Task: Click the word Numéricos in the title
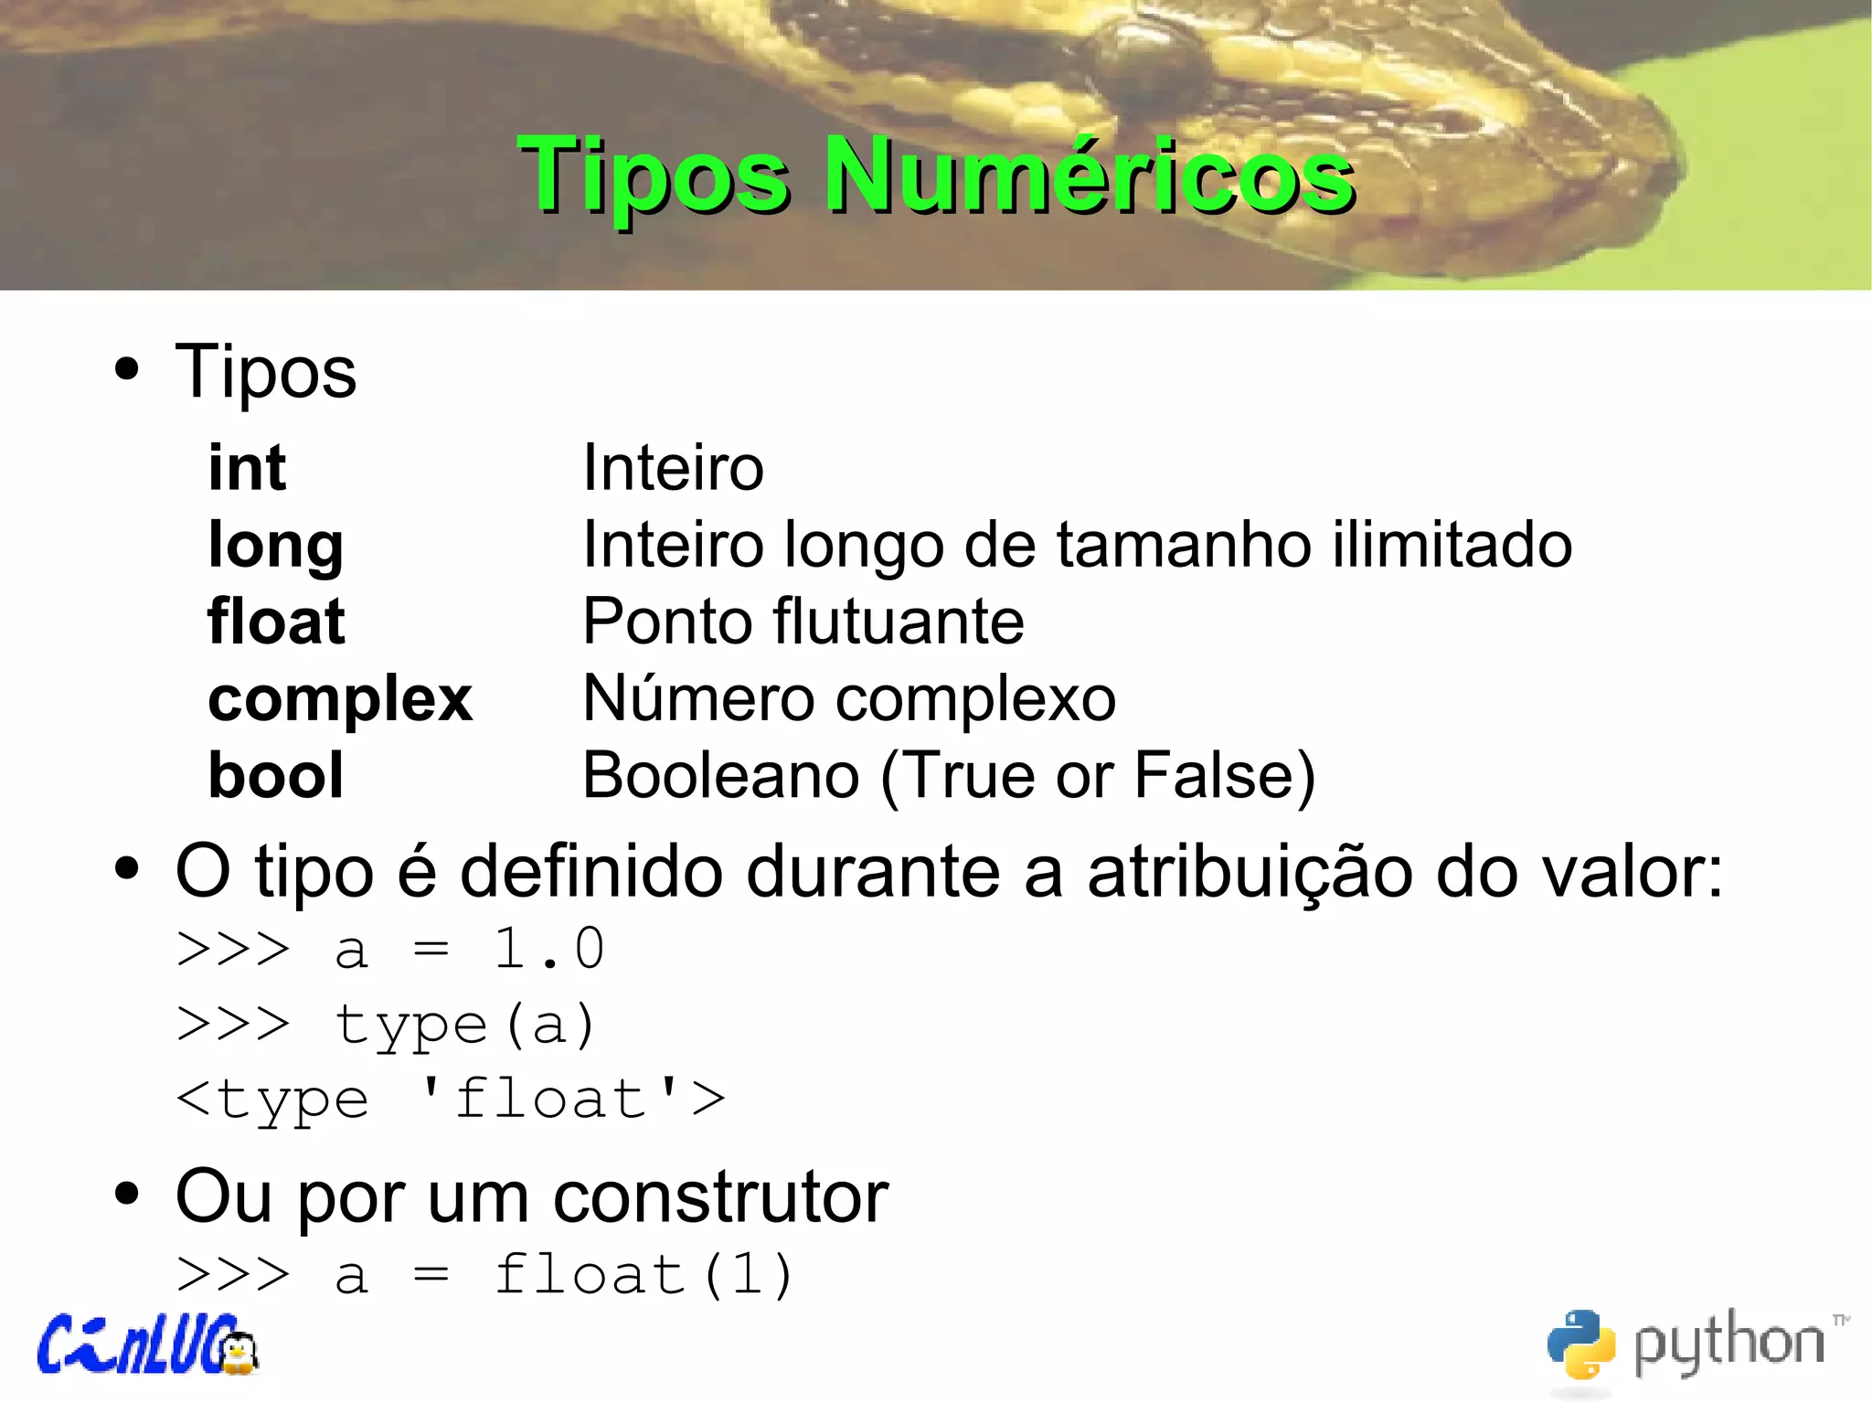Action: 1090,175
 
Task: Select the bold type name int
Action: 247,468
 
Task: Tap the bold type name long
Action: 275,547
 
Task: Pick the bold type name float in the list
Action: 276,622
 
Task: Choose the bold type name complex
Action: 340,700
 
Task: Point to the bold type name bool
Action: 275,776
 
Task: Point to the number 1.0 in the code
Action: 548,949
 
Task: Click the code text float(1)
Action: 643,1275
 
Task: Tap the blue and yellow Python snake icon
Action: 1580,1344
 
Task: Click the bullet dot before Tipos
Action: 127,371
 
